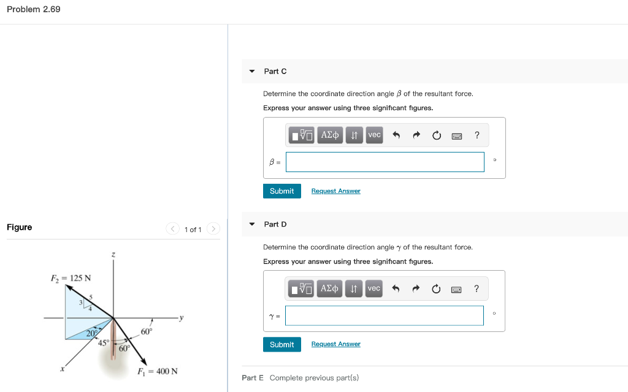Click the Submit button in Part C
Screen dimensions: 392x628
point(281,191)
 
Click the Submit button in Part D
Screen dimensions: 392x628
point(281,344)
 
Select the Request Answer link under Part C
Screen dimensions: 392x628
point(335,191)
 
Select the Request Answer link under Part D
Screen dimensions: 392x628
point(335,344)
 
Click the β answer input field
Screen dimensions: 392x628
point(385,162)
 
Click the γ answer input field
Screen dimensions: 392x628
point(385,315)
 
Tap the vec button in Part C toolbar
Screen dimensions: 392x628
point(374,135)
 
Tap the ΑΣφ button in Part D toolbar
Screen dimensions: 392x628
point(330,288)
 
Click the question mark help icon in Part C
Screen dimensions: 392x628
point(477,135)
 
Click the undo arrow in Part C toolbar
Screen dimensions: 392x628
point(396,135)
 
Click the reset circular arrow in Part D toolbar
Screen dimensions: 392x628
point(436,288)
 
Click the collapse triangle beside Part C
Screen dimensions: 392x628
point(251,72)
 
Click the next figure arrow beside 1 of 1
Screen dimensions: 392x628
point(213,229)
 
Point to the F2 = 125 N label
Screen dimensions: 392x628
point(71,278)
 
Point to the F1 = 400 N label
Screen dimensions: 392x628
point(158,371)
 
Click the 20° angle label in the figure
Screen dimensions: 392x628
point(92,333)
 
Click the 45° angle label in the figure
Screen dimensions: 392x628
point(104,342)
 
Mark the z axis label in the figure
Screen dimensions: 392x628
point(113,254)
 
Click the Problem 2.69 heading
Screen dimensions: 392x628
point(34,9)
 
